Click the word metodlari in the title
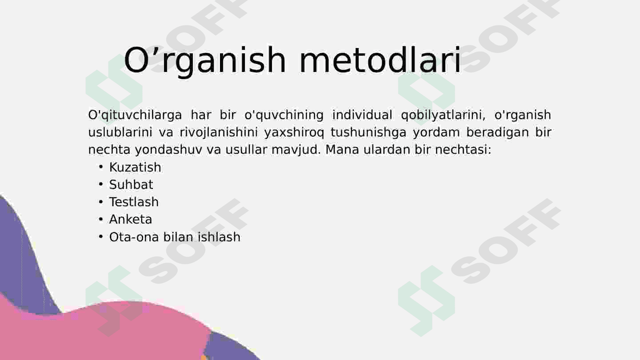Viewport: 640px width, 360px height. coord(380,60)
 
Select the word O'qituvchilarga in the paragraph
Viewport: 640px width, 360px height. coord(135,115)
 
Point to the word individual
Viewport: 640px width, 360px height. coord(362,115)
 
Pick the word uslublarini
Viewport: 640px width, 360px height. coord(120,132)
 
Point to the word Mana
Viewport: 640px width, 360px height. coord(342,149)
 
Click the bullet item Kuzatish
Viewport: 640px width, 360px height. coord(135,167)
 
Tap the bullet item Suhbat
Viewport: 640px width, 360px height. coord(131,184)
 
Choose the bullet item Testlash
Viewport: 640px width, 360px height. coord(134,202)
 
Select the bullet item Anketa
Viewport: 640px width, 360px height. coord(131,220)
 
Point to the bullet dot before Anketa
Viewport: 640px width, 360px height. coord(100,220)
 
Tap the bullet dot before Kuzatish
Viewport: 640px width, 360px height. coord(100,167)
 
